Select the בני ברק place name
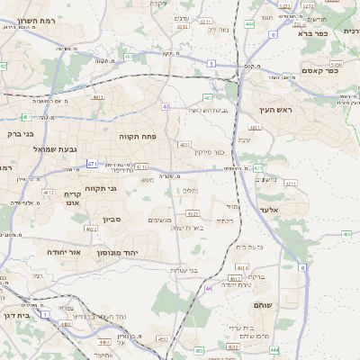point(15,133)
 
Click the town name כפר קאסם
point(319,70)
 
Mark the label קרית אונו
point(73,198)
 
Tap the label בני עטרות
point(184,270)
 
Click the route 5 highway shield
point(211,63)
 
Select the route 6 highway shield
point(301,267)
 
